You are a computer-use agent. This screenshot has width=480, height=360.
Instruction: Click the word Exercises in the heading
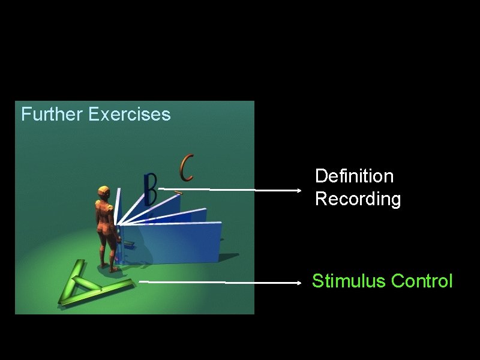(129, 114)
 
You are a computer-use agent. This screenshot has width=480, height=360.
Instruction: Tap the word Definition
(354, 176)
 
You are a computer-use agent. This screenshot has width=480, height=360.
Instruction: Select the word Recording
(358, 199)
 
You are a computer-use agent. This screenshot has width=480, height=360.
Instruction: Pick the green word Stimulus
(349, 281)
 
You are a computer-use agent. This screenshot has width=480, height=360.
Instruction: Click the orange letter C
(187, 168)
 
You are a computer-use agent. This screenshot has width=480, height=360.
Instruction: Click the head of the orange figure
(103, 194)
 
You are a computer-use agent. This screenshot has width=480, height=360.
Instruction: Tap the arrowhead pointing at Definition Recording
(298, 190)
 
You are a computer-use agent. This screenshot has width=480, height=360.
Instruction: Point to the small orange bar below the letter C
(177, 193)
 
